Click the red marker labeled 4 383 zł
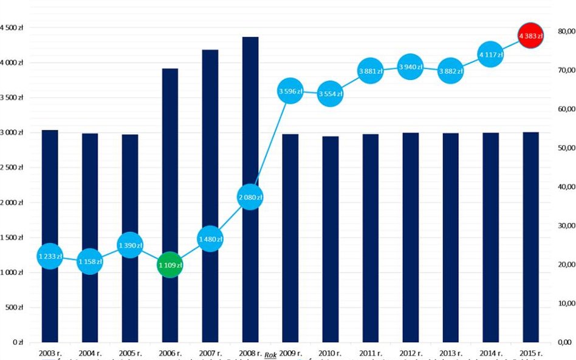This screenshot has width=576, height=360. (530, 36)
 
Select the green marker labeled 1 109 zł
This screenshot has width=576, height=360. (170, 265)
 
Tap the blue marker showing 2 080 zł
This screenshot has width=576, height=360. (250, 197)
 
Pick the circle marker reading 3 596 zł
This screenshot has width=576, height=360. (290, 92)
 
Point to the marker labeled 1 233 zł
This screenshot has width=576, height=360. (50, 257)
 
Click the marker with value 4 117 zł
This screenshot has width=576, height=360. (490, 55)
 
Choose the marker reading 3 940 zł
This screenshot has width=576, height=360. (410, 67)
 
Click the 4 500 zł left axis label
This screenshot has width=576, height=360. (12, 28)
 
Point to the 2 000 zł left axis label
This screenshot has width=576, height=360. (12, 202)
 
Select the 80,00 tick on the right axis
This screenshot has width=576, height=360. (565, 31)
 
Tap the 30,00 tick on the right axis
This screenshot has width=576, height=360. (565, 226)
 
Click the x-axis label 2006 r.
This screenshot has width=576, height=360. (170, 352)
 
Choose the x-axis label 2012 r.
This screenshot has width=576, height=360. (410, 352)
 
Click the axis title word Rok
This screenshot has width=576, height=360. (270, 353)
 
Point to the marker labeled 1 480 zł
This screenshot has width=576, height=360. (210, 239)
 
